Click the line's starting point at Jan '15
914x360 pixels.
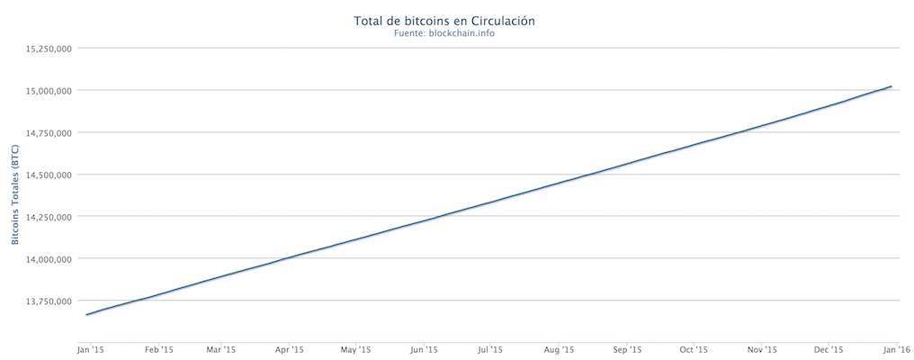[86, 315]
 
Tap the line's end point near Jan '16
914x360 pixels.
[891, 86]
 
